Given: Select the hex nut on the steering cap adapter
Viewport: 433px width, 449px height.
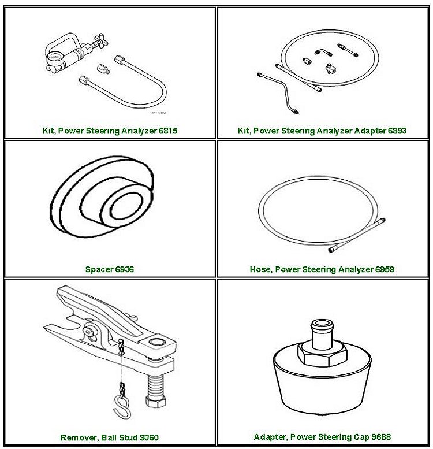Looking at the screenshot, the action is point(320,351).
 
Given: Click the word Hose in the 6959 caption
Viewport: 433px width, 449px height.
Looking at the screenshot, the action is point(260,269).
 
